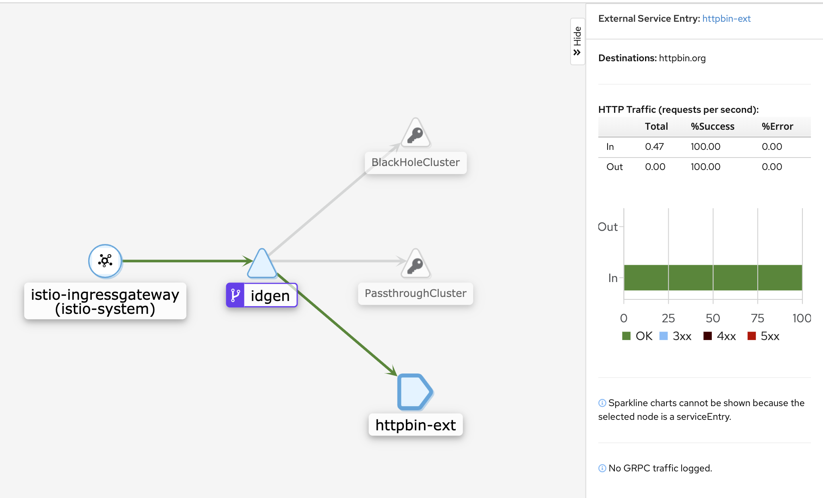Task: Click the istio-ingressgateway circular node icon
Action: click(x=105, y=261)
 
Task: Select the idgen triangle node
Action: click(x=262, y=264)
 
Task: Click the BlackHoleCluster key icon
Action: click(x=416, y=133)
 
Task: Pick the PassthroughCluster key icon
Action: click(x=416, y=264)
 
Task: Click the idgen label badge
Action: click(x=262, y=295)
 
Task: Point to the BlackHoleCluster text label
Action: click(x=416, y=162)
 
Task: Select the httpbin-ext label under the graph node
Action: click(x=416, y=425)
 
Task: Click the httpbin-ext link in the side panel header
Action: click(x=726, y=19)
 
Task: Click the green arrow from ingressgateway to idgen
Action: click(x=188, y=261)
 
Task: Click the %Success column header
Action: click(x=712, y=127)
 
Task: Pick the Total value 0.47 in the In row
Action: click(x=654, y=147)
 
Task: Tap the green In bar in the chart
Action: click(x=713, y=278)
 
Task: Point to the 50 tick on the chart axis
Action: click(x=713, y=318)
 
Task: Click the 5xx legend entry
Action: click(x=763, y=336)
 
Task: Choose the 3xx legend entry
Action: click(x=675, y=336)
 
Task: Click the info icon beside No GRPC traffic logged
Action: click(x=602, y=468)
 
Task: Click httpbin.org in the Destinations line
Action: click(x=682, y=58)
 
